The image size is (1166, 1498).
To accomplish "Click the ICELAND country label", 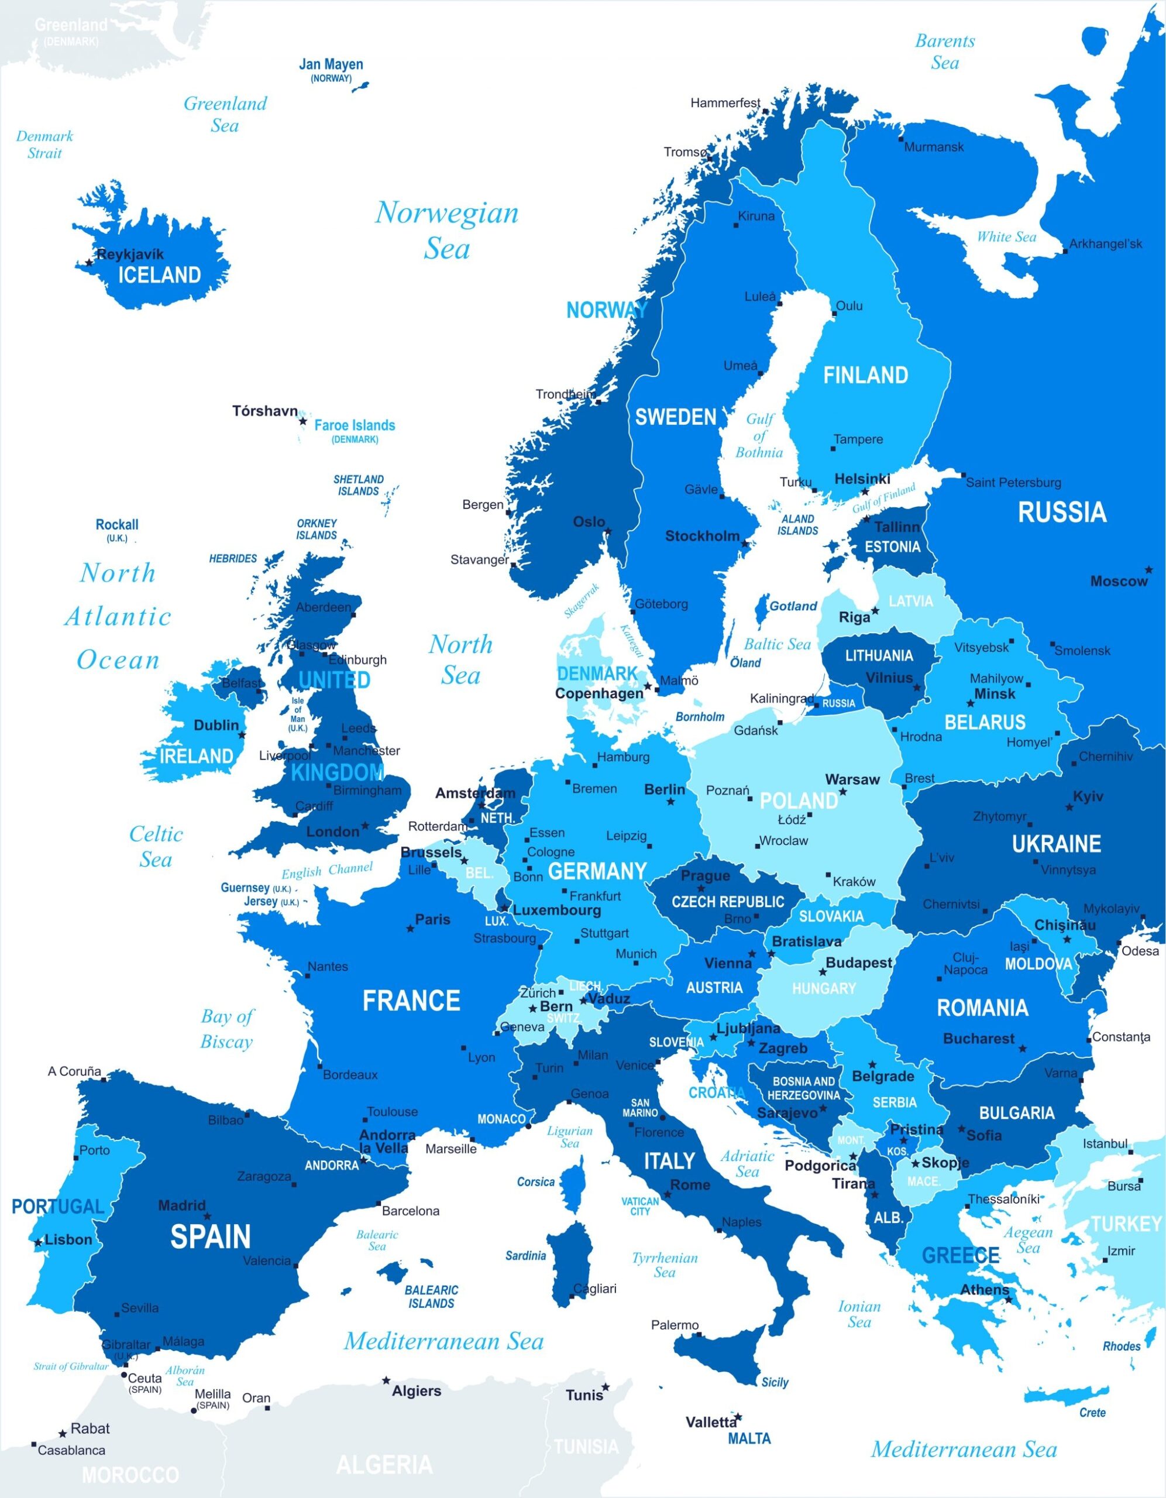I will tap(159, 275).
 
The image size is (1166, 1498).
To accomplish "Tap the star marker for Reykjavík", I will tap(88, 262).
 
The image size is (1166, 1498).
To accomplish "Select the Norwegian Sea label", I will tap(446, 231).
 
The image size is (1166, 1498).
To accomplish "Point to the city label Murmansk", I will tap(934, 147).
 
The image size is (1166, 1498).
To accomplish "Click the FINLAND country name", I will tap(866, 375).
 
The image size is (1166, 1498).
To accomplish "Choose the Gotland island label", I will tap(793, 606).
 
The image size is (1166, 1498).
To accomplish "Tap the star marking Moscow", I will tap(1148, 570).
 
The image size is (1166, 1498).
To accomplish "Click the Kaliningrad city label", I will tap(781, 698).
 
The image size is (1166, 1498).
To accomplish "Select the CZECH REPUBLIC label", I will tap(728, 901).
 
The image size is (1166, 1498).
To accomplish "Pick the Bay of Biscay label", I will tap(227, 1028).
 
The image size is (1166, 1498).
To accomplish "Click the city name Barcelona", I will tap(410, 1211).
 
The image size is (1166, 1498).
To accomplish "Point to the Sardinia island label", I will tap(525, 1255).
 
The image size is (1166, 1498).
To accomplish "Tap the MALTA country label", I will tap(749, 1438).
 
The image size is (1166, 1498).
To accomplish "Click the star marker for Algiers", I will tap(386, 1380).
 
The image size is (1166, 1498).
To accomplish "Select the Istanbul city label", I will tap(1105, 1143).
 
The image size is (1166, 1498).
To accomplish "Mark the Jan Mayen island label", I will tap(331, 64).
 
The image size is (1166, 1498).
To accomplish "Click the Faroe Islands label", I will tap(355, 425).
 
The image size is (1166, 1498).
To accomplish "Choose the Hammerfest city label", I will tap(725, 103).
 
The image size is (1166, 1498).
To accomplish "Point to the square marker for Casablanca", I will tap(33, 1445).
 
